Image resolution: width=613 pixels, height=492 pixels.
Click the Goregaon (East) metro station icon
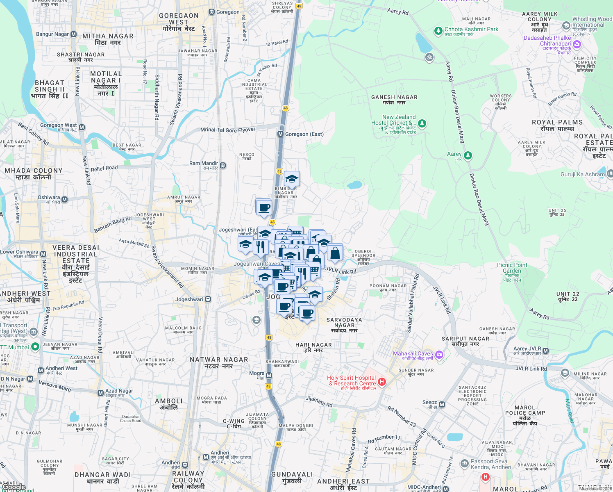(x=280, y=134)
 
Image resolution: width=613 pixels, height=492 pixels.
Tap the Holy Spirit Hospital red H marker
(x=382, y=382)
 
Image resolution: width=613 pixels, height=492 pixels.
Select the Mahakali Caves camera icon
(x=439, y=354)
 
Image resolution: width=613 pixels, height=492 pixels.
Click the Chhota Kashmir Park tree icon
(x=438, y=30)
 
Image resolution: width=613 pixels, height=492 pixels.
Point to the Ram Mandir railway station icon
(x=222, y=166)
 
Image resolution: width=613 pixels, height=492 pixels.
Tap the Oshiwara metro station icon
(x=64, y=199)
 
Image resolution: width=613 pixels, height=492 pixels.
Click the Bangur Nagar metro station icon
(x=73, y=34)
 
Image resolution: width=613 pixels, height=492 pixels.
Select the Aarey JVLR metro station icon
(x=545, y=351)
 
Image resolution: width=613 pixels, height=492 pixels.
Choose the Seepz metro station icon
(x=442, y=404)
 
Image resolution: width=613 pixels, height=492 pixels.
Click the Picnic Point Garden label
(x=512, y=268)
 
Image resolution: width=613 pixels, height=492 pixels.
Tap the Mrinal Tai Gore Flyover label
(x=228, y=130)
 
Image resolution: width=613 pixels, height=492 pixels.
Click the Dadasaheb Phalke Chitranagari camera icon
(x=577, y=44)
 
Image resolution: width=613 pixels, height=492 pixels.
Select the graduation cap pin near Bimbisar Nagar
(x=292, y=179)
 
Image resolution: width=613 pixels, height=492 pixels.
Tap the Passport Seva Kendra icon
(x=464, y=463)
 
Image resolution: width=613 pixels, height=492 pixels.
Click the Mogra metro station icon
(x=269, y=375)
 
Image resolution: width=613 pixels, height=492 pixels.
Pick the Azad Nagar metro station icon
(x=100, y=393)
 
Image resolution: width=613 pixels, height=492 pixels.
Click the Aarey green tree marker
(x=468, y=155)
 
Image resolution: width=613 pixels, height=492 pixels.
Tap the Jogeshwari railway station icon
(x=208, y=299)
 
